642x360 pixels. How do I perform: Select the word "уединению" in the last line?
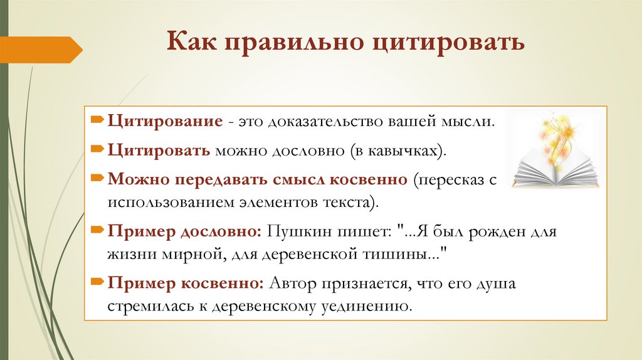point(375,307)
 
